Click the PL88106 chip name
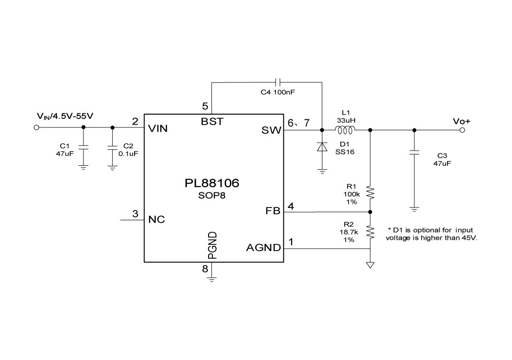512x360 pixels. pos(212,183)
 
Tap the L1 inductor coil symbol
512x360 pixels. pos(345,130)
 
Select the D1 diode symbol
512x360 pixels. pos(322,147)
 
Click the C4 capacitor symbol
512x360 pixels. pos(278,82)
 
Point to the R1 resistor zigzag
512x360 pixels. pos(370,194)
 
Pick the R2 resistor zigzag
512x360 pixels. pos(370,232)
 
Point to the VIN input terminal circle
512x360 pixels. pos(36,127)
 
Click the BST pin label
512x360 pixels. pos(212,121)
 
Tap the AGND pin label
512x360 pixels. pos(264,248)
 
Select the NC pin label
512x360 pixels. pos(156,220)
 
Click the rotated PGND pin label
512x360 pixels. pos(212,245)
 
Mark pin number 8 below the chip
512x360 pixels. pos(205,269)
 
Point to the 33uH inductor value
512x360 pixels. pos(346,121)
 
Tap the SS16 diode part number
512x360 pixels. pos(344,152)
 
